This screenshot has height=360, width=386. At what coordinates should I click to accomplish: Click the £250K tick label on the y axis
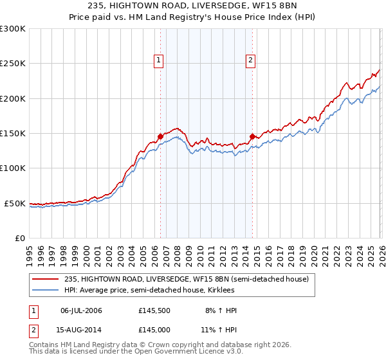[x=13, y=64]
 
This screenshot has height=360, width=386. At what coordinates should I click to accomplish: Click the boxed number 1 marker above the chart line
[x=158, y=61]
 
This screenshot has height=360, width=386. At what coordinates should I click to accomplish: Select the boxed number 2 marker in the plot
[x=250, y=61]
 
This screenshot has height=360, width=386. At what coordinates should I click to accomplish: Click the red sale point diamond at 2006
[x=160, y=136]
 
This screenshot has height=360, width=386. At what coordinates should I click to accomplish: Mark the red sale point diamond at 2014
[x=252, y=136]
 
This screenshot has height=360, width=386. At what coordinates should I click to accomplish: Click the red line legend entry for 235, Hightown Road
[x=187, y=279]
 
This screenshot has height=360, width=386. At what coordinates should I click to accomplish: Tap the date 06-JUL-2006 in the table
[x=81, y=310]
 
